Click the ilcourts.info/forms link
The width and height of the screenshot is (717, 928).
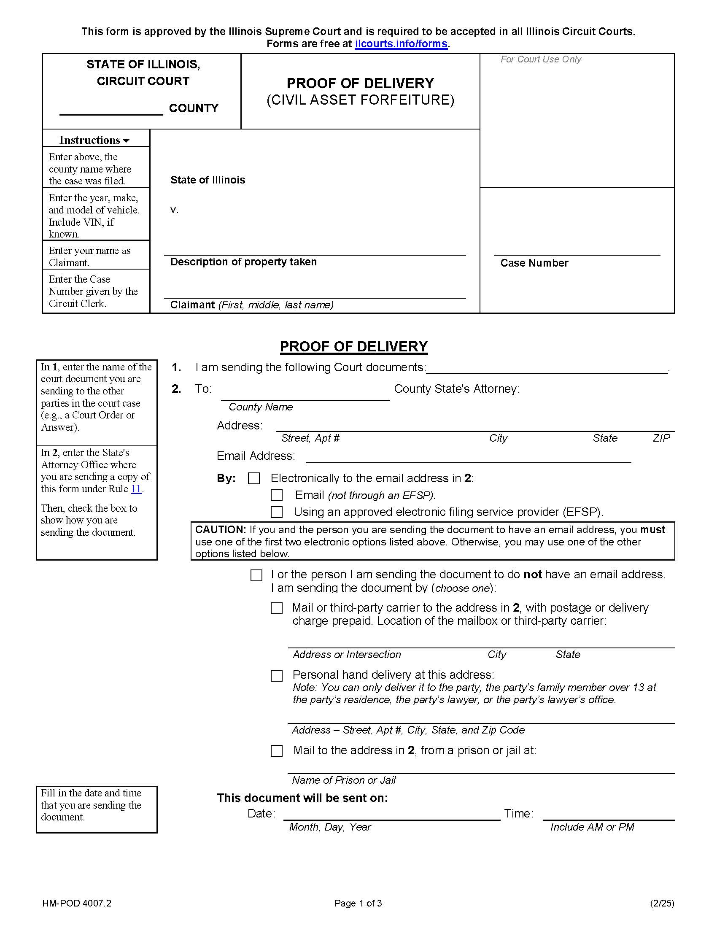401,44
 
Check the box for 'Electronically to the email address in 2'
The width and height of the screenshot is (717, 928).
254,478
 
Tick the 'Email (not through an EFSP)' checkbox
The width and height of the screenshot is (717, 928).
277,495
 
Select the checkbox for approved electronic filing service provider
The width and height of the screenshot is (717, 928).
277,512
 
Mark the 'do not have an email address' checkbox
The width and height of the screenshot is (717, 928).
256,575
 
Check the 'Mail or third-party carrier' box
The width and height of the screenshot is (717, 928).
277,608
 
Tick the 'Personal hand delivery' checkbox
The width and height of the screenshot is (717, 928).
277,676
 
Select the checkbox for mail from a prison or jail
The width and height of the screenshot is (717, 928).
277,751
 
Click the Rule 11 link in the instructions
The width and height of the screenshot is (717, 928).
136,489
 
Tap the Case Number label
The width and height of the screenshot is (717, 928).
534,263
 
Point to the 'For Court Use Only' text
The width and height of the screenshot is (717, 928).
540,59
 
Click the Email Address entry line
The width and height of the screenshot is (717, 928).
468,458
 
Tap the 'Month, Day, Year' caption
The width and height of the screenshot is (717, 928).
330,827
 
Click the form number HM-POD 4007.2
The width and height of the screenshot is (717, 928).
77,904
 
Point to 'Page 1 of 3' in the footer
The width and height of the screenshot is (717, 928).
358,904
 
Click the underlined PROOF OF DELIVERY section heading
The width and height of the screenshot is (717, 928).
353,347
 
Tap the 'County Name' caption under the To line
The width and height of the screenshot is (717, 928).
260,407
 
